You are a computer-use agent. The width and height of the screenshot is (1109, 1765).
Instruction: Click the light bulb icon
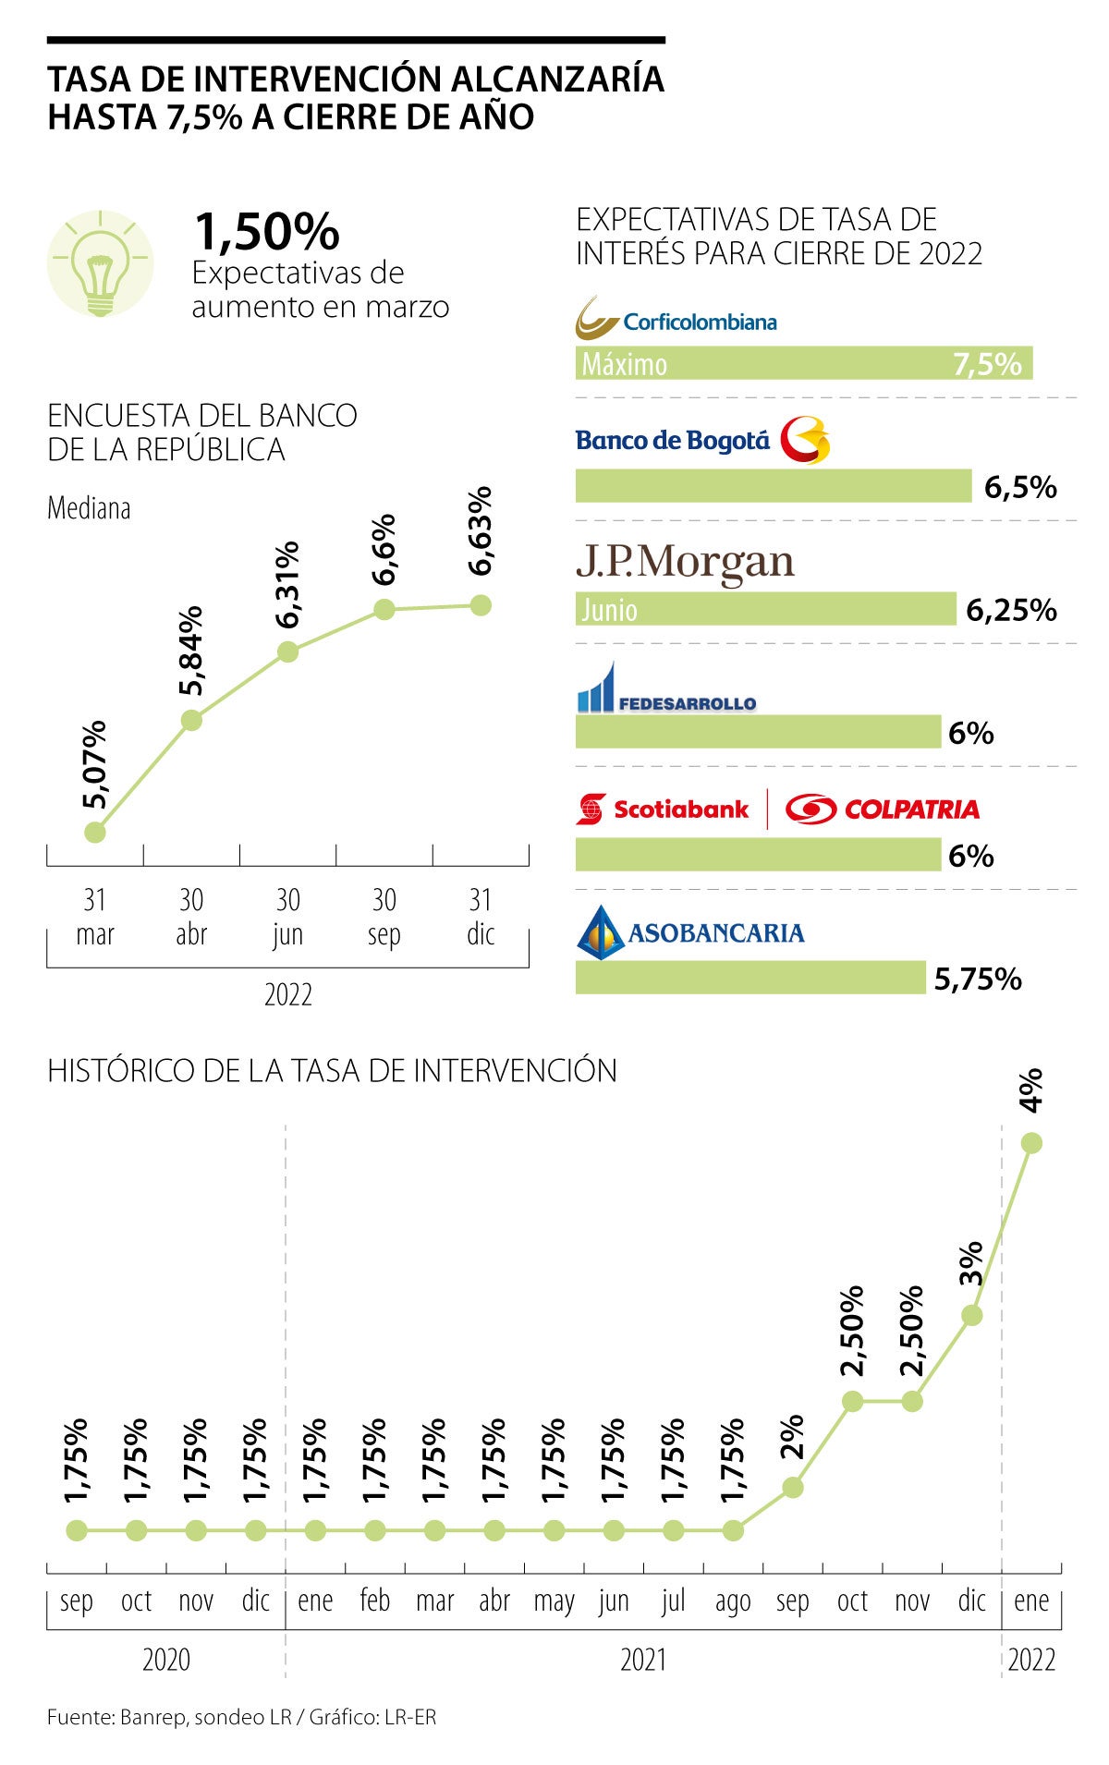point(100,265)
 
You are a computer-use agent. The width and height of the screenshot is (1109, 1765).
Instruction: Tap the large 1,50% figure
point(266,231)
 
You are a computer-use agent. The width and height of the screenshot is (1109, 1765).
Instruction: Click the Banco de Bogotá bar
point(773,486)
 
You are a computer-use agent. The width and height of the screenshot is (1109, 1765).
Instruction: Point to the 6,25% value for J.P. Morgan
point(1011,610)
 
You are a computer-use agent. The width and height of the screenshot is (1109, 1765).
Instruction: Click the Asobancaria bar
point(749,978)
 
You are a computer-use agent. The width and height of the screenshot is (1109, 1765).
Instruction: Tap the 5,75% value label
point(978,979)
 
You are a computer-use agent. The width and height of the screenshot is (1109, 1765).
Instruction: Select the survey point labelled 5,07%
point(95,833)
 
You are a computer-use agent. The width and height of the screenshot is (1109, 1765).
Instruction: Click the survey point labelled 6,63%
point(481,605)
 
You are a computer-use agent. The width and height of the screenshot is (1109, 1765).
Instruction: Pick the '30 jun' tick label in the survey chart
point(288,917)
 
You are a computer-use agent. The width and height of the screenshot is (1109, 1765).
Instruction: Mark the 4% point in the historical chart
point(1032,1143)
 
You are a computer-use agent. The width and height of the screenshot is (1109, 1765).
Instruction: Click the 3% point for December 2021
point(971,1315)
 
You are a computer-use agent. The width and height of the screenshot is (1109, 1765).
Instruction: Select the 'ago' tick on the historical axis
point(733,1601)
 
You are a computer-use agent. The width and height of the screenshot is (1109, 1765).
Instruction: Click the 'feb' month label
point(375,1601)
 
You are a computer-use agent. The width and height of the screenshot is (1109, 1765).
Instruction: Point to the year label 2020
point(166,1660)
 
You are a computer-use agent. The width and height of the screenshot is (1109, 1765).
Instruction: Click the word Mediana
point(89,508)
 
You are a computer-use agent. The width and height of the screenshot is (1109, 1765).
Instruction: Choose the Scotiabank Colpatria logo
point(777,809)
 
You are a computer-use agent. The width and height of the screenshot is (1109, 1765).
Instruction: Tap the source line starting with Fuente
point(241,1718)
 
